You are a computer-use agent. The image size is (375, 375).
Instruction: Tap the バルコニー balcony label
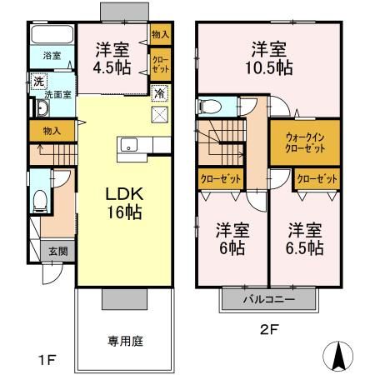click(x=269, y=297)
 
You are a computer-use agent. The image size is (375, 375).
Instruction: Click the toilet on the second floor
click(x=209, y=107)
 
